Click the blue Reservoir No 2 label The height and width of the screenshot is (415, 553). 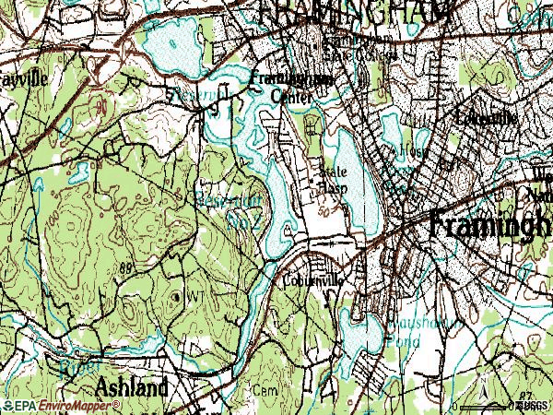pyautogui.click(x=226, y=207)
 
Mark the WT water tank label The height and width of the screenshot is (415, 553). pyautogui.click(x=194, y=296)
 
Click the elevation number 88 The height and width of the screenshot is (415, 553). pyautogui.click(x=126, y=267)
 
